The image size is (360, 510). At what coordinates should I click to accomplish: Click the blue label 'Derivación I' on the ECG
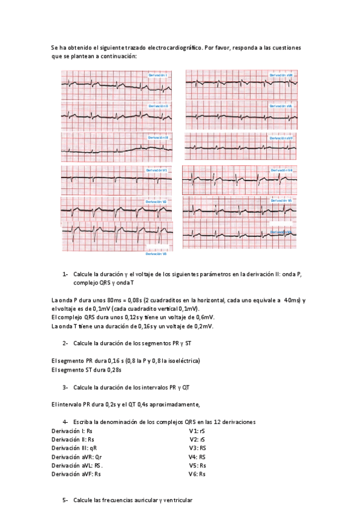click(x=157, y=75)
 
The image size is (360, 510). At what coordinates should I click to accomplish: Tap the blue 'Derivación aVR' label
click(x=281, y=75)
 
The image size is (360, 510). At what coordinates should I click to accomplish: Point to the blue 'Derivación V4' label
click(x=281, y=170)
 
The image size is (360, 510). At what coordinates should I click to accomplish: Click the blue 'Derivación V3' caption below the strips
click(x=156, y=254)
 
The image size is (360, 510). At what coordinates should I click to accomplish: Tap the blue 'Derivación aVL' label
click(x=281, y=106)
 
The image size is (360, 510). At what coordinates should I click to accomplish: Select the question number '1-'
click(x=66, y=274)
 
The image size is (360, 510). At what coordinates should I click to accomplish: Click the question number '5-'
click(x=66, y=500)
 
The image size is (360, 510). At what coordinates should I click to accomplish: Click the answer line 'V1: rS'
click(x=197, y=431)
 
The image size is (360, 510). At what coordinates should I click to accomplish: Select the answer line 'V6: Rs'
click(x=197, y=474)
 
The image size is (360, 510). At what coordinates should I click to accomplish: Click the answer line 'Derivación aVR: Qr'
click(x=76, y=456)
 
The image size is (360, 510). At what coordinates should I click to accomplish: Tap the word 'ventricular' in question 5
click(x=177, y=500)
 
